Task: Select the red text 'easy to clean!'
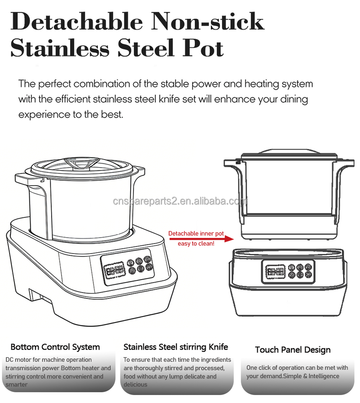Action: click(x=196, y=244)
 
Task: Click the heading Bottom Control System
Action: click(x=55, y=347)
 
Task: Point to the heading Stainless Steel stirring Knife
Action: click(x=176, y=347)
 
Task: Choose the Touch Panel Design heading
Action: click(x=292, y=350)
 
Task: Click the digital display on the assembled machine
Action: click(x=115, y=270)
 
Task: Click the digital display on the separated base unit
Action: click(x=275, y=272)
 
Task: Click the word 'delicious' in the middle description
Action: click(x=135, y=385)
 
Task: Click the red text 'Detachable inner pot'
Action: click(x=196, y=233)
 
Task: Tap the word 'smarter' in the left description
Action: click(x=16, y=385)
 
